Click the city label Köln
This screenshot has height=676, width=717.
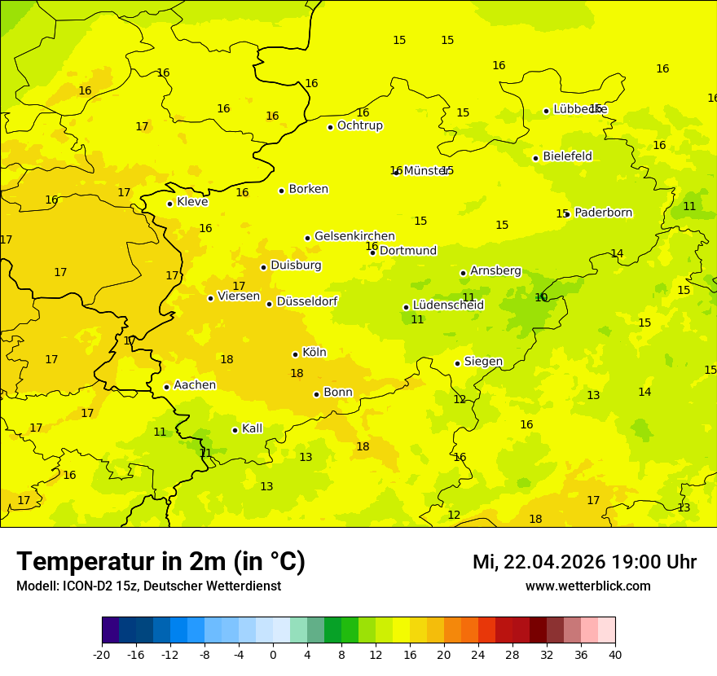[x=314, y=353]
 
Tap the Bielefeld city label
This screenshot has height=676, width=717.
[x=567, y=156]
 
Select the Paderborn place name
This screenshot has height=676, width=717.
[x=603, y=213]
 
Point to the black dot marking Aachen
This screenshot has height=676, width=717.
[x=166, y=387]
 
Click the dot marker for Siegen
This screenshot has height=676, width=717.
[x=457, y=363]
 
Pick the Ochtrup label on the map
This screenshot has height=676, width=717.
[x=359, y=125]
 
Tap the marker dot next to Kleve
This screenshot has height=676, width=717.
[x=169, y=204]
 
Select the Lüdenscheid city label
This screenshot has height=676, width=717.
[x=448, y=305]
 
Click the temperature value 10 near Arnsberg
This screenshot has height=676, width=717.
[x=541, y=297]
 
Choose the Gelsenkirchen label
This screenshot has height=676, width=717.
[x=354, y=236]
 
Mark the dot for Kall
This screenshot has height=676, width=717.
[x=235, y=430]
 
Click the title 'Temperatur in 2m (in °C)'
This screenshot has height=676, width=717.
[x=161, y=562]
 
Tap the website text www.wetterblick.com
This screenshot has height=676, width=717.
[x=587, y=586]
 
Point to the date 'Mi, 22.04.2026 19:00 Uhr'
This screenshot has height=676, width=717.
[x=584, y=562]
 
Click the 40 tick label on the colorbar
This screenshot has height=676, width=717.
[x=615, y=654]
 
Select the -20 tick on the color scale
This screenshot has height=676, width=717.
[x=102, y=654]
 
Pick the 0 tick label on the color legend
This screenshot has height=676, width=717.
[x=273, y=654]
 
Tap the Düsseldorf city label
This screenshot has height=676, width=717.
[x=306, y=301]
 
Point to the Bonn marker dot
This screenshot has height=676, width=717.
[x=316, y=394]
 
